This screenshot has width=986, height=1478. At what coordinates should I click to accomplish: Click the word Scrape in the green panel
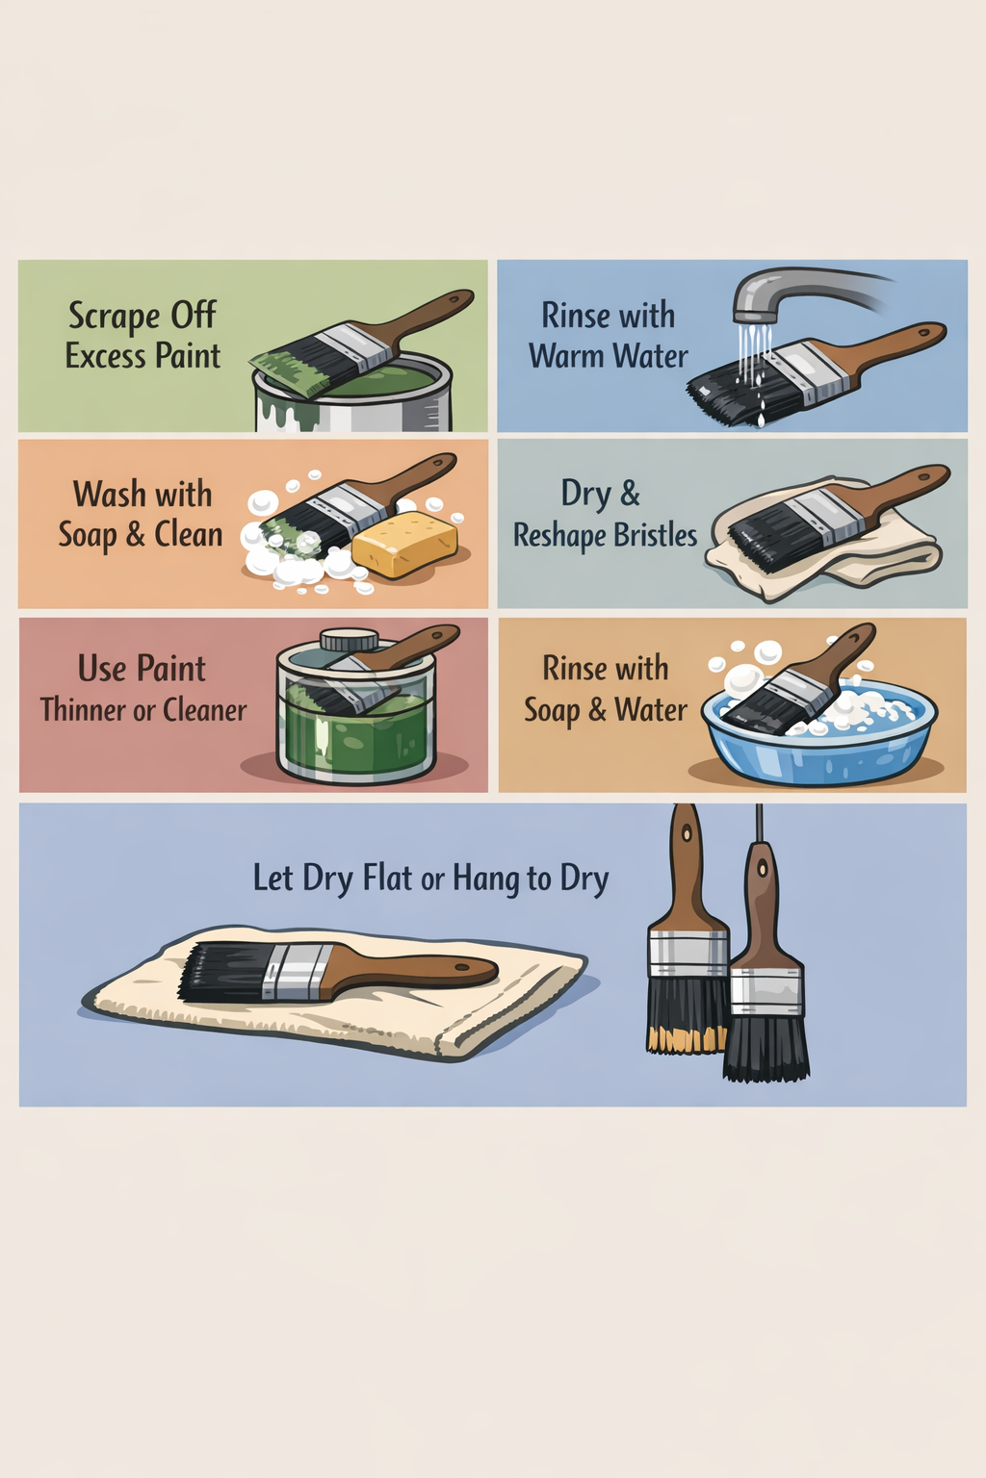click(x=115, y=316)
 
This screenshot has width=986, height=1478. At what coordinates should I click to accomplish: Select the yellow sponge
click(x=404, y=544)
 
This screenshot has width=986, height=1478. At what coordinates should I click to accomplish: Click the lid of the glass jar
click(x=350, y=639)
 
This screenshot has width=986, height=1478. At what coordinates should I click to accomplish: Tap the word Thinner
click(x=84, y=710)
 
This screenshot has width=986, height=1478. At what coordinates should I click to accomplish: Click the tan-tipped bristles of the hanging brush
click(x=686, y=1040)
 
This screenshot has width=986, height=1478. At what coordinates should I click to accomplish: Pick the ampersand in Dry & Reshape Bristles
click(x=630, y=494)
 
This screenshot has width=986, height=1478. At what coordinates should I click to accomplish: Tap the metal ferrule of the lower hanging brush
click(x=766, y=991)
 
